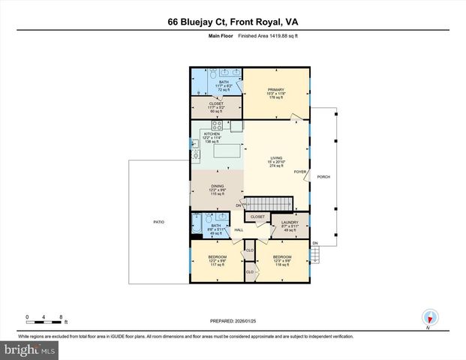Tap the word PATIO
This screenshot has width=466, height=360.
(x=159, y=221)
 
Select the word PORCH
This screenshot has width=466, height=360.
(x=324, y=177)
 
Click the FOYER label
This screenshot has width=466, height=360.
(x=299, y=170)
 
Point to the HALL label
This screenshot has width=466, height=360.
(x=239, y=230)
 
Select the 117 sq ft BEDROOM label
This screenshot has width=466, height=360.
(x=217, y=260)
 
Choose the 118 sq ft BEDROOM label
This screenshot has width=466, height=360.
(x=281, y=259)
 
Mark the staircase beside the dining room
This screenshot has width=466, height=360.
(x=269, y=204)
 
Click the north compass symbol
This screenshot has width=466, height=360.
(x=429, y=316)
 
